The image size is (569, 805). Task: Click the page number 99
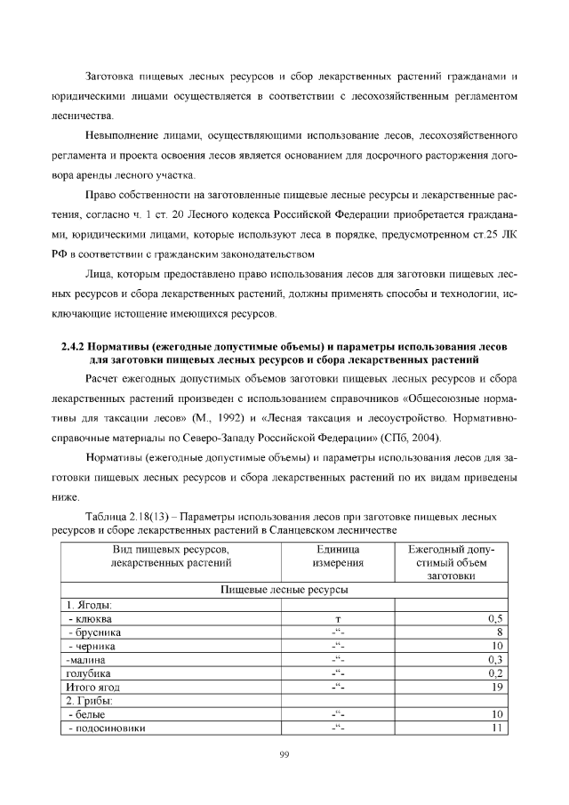click(284, 755)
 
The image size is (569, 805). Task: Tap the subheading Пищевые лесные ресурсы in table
click(284, 590)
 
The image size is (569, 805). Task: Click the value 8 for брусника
click(501, 632)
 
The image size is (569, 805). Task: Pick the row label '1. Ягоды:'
click(90, 604)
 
